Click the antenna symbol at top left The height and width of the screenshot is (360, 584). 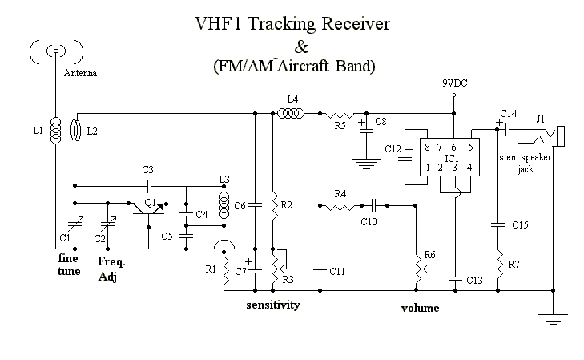[x=56, y=51]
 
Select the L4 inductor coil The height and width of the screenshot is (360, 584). [x=292, y=113]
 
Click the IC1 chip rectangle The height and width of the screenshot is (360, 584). [x=449, y=157]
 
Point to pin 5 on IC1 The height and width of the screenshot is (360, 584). [x=471, y=148]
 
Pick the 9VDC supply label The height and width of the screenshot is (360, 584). [x=455, y=83]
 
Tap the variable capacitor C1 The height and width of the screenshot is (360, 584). [x=75, y=224]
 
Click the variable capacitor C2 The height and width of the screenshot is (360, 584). [x=108, y=224]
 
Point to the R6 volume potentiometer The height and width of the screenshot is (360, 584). [x=418, y=268]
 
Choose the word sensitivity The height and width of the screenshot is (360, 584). [x=273, y=305]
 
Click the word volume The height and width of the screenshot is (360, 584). [x=420, y=308]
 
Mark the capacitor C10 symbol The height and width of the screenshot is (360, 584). [x=375, y=205]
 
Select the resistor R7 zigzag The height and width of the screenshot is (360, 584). [x=498, y=265]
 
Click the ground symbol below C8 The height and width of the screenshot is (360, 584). [x=366, y=164]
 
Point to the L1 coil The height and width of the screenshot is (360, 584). [x=56, y=130]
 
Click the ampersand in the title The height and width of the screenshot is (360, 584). [x=301, y=47]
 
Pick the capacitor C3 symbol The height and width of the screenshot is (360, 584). [x=149, y=185]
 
